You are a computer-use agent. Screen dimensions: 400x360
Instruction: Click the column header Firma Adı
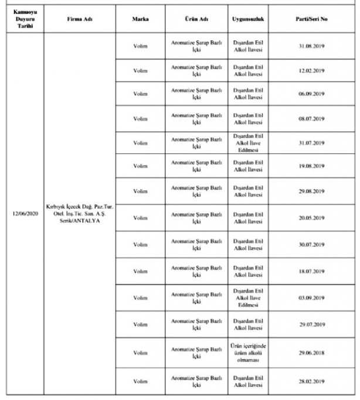[80, 19]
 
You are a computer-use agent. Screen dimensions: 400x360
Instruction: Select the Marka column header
[140, 19]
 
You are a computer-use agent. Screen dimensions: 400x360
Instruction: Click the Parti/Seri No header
[311, 19]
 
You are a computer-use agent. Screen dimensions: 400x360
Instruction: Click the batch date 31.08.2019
[311, 46]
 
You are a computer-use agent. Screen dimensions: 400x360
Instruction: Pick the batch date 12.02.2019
[311, 71]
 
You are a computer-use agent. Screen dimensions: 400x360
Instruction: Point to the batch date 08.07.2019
[311, 119]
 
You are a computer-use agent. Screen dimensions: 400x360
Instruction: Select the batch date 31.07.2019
[311, 143]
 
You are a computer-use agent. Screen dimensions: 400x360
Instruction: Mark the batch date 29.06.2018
[311, 354]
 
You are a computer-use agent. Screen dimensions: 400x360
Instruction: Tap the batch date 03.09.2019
[311, 298]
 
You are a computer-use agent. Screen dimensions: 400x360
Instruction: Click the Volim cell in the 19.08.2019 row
[140, 166]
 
